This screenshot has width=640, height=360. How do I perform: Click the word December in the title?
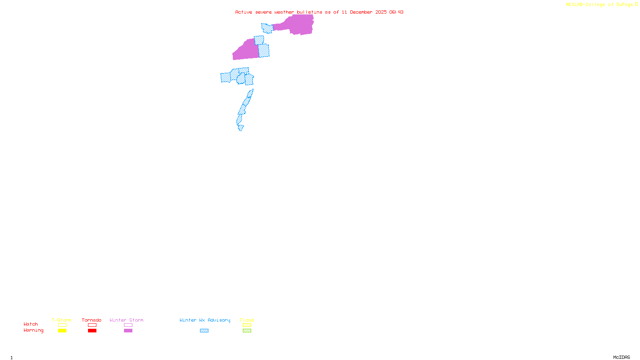click(x=361, y=12)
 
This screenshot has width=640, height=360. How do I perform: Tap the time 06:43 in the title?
click(x=396, y=12)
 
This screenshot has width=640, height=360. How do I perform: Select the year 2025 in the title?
click(x=381, y=12)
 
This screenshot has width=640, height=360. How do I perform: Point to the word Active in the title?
click(x=244, y=12)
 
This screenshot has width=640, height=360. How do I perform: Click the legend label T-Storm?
click(x=62, y=320)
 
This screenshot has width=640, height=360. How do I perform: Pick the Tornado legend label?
click(x=92, y=320)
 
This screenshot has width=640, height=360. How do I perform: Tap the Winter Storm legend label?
click(x=126, y=320)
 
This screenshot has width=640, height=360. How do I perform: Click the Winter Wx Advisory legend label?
click(x=205, y=320)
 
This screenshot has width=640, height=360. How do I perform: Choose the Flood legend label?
click(x=247, y=320)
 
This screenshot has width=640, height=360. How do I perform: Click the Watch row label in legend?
click(x=31, y=324)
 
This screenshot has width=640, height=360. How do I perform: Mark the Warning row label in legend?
click(x=34, y=330)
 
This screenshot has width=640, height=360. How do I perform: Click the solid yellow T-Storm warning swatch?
click(x=62, y=331)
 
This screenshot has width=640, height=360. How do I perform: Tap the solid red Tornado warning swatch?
click(x=92, y=331)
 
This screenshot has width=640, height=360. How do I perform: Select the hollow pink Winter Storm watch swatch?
click(x=128, y=325)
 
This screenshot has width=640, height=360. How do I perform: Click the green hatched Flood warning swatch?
click(x=247, y=331)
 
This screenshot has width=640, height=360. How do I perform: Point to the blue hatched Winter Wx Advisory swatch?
click(x=204, y=331)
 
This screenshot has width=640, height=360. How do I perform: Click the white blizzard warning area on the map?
click(x=245, y=129)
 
